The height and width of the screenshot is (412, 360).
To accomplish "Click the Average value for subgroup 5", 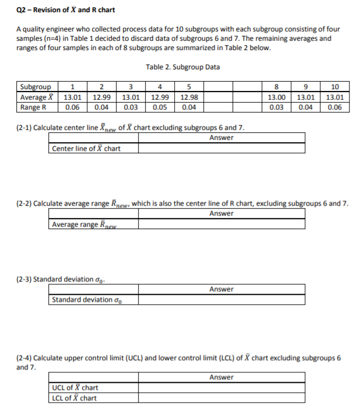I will tap(189, 97).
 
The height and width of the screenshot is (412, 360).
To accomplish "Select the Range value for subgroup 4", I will tap(160, 107).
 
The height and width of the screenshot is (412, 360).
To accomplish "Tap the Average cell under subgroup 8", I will tap(276, 97).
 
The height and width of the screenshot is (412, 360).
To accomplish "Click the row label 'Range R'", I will tap(34, 107).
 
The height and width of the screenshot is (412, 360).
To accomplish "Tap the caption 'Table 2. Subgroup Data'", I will tap(183, 67).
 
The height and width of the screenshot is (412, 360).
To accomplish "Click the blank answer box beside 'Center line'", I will tap(221, 149).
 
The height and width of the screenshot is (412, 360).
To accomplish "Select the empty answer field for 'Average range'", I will tap(221, 224).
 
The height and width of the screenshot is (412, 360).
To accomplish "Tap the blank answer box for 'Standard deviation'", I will tap(221, 300).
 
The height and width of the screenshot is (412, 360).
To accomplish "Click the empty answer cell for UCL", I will tap(221, 388).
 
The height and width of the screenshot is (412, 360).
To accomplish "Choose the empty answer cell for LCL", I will tap(221, 398).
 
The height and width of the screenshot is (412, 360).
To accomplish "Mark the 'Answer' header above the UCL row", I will tap(221, 377).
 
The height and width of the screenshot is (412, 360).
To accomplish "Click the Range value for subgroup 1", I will tap(73, 107).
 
